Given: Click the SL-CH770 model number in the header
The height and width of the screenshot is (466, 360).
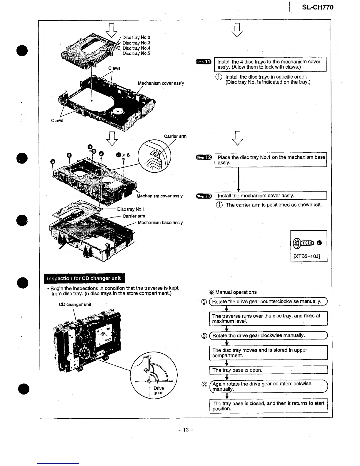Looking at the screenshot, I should (x=318, y=7).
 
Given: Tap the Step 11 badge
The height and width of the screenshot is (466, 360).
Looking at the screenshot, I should (x=204, y=62).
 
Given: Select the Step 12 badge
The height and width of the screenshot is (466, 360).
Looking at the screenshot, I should (x=204, y=157).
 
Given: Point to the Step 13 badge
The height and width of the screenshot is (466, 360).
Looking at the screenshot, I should (x=204, y=196).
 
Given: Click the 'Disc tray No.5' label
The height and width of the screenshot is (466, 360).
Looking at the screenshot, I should (x=136, y=54).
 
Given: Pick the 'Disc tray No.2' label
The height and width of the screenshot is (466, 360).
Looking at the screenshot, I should (x=136, y=37).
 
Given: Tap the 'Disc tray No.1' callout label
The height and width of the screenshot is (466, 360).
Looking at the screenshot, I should (x=131, y=209).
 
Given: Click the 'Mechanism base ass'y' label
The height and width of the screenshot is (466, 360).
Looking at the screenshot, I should (x=160, y=223).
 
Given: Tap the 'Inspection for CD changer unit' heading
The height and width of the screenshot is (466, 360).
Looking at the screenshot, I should (x=84, y=278).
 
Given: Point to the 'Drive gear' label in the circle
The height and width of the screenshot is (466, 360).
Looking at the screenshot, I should (x=159, y=390).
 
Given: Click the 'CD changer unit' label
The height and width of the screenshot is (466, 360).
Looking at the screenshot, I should (x=75, y=304).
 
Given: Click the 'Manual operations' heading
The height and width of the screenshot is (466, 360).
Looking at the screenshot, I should (x=236, y=292).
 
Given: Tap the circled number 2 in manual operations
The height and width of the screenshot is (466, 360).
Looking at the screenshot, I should (x=204, y=336).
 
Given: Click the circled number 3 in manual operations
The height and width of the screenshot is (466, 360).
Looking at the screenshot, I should (x=204, y=385).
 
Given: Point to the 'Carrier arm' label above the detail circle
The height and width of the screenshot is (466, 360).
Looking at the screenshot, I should (x=175, y=137).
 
